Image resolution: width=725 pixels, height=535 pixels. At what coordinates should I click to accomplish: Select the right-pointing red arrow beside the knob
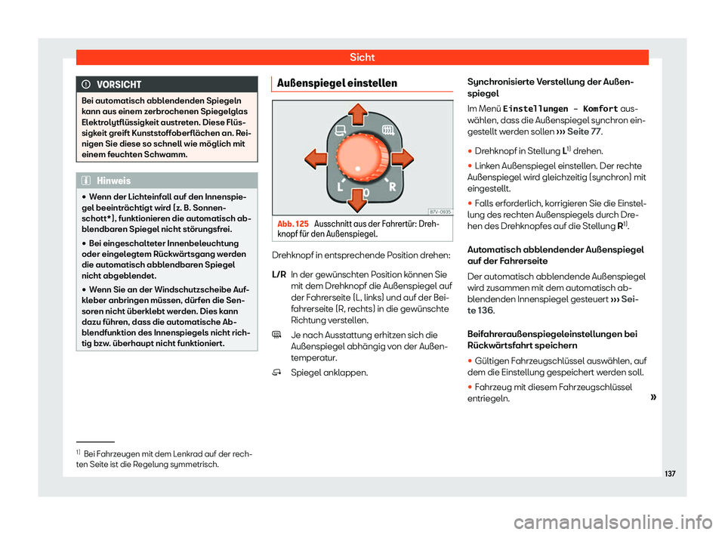(402, 159)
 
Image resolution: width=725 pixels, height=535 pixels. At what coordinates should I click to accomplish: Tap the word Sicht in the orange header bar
(362, 57)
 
